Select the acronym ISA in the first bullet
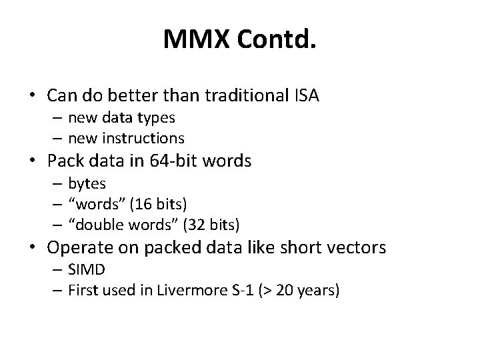pos(307,95)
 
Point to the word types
pos(157,118)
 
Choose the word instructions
pos(145,138)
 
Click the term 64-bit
pos(180,161)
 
